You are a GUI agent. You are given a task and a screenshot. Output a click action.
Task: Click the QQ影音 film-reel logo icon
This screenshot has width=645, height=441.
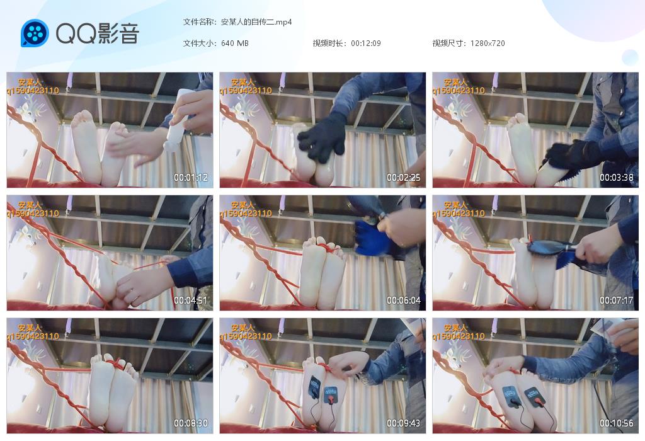(35, 33)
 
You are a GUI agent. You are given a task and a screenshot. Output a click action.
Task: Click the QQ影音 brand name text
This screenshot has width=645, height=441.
(98, 33)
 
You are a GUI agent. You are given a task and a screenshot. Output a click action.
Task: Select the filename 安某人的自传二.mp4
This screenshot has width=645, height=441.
(256, 22)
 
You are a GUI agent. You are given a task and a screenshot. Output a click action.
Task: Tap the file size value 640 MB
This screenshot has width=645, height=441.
(234, 43)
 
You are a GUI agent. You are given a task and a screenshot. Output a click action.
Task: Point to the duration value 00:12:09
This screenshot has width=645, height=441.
(366, 43)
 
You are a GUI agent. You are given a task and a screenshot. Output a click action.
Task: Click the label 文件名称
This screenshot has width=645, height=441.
(198, 22)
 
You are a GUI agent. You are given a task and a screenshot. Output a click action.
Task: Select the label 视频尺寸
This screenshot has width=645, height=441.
(448, 43)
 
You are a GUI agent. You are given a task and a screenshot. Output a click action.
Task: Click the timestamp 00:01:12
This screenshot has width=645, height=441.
(190, 178)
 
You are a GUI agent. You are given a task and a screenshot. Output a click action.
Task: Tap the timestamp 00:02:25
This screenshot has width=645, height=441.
(404, 178)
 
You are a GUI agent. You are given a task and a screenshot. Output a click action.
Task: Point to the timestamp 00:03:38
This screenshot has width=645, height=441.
(616, 178)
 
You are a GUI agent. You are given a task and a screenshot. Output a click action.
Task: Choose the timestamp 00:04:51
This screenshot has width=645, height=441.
(190, 301)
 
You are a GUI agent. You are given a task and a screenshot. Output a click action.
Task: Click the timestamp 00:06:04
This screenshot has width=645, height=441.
(404, 301)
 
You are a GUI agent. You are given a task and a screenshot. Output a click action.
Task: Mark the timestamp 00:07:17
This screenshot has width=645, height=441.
(616, 301)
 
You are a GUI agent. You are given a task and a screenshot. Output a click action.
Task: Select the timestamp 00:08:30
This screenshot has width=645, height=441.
(190, 423)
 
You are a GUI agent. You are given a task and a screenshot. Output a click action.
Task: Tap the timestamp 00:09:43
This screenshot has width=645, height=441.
(404, 423)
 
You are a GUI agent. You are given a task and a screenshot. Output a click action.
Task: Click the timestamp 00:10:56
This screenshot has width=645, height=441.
(616, 423)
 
